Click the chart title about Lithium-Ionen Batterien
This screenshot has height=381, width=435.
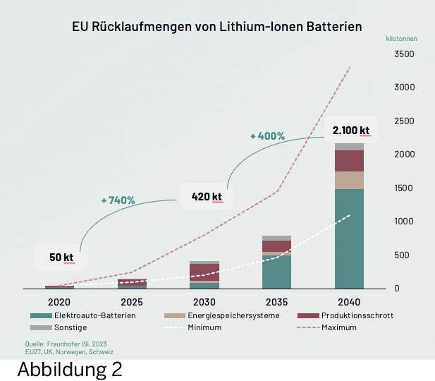217,28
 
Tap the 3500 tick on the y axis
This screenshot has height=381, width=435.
404,54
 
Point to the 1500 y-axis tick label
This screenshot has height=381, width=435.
404,188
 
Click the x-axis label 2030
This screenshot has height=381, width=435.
204,301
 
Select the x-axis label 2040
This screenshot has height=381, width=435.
350,301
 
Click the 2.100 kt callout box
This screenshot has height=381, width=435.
350,131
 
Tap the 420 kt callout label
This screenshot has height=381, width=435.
206,197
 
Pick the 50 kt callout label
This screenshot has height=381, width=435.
61,258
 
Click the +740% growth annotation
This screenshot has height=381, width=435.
118,200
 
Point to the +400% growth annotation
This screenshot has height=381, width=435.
267,135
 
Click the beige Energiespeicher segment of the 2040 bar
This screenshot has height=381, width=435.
350,180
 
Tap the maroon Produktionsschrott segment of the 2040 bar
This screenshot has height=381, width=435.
350,161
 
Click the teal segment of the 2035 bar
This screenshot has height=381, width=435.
276,272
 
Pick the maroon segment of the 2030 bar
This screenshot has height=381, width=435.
204,272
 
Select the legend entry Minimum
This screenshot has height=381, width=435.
207,327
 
